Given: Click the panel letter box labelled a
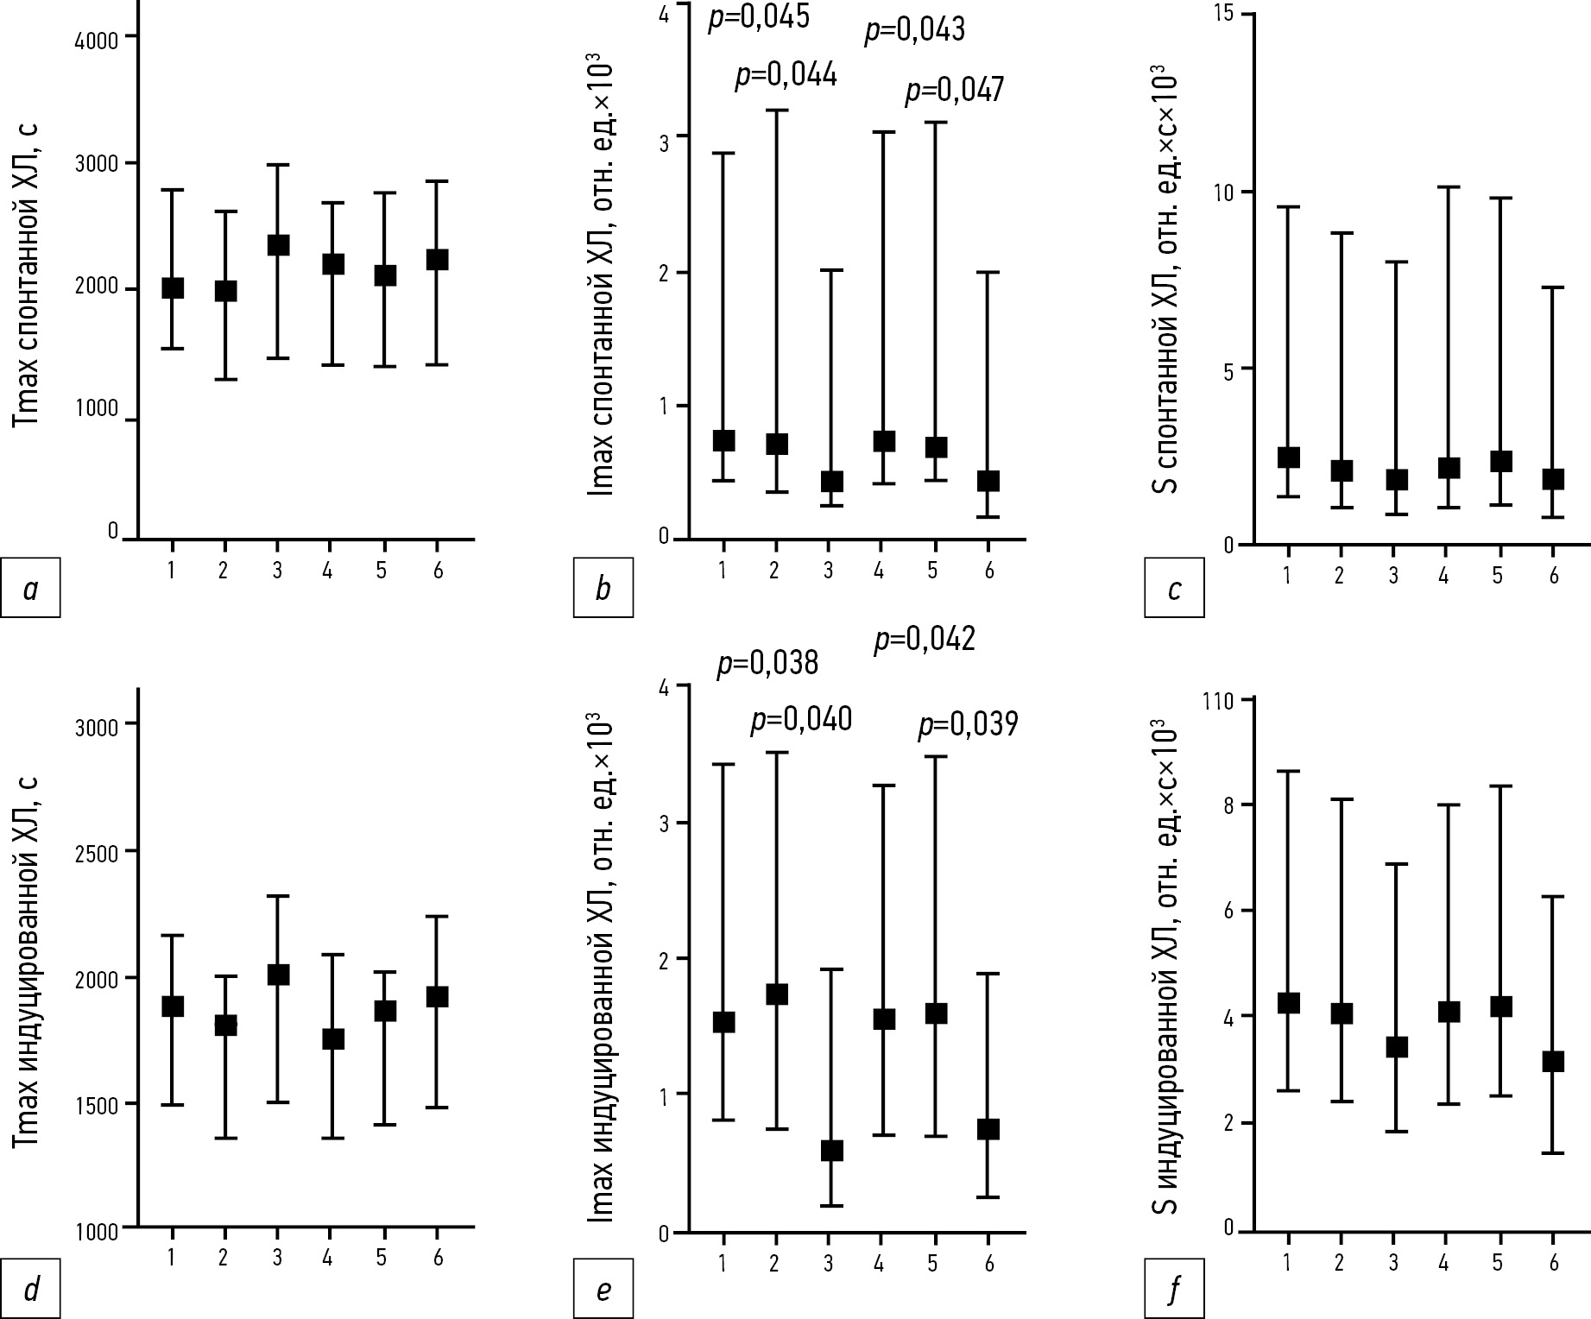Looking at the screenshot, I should pos(30,588).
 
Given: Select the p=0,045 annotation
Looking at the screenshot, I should pos(759,17).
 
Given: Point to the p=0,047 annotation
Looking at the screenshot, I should pos(954,91).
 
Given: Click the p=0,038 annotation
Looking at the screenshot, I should pos(767,663).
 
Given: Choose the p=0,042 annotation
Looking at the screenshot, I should pos(925,640).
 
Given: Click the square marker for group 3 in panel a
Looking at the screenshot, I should pos(277,245).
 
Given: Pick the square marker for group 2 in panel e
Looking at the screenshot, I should pos(776,994).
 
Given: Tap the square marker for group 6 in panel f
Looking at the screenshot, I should pos(1553,1062).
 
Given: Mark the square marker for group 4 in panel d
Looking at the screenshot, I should pos(332,1038).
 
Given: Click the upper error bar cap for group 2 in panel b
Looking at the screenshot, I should pos(776,110).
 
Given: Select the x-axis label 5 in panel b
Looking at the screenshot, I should pos(932,571).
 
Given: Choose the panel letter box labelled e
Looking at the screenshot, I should pos(603,1289).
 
